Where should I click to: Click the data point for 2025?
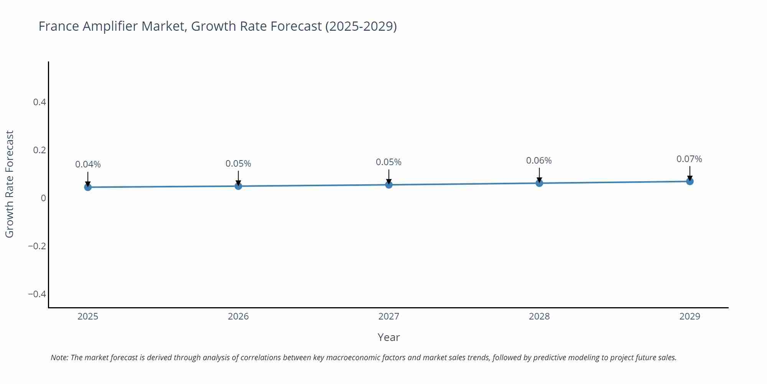point(88,187)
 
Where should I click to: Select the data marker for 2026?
point(238,186)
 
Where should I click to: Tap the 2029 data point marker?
point(690,181)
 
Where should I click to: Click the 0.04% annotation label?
point(88,164)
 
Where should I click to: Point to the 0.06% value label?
point(539,161)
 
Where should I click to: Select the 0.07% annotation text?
point(689,159)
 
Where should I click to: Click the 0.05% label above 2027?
point(388,162)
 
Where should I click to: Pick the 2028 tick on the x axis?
point(539,316)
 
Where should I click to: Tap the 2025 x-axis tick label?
point(88,316)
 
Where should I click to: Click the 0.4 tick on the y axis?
point(40,102)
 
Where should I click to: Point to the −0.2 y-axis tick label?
point(37,246)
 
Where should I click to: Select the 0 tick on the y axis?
point(43,198)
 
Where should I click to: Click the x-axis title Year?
point(388,337)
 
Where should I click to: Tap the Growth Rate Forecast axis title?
point(10,184)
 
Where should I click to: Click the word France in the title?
point(59,26)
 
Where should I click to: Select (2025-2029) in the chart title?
point(361,26)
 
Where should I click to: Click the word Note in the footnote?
point(59,358)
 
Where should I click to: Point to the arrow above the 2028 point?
point(539,175)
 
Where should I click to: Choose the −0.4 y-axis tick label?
point(37,294)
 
